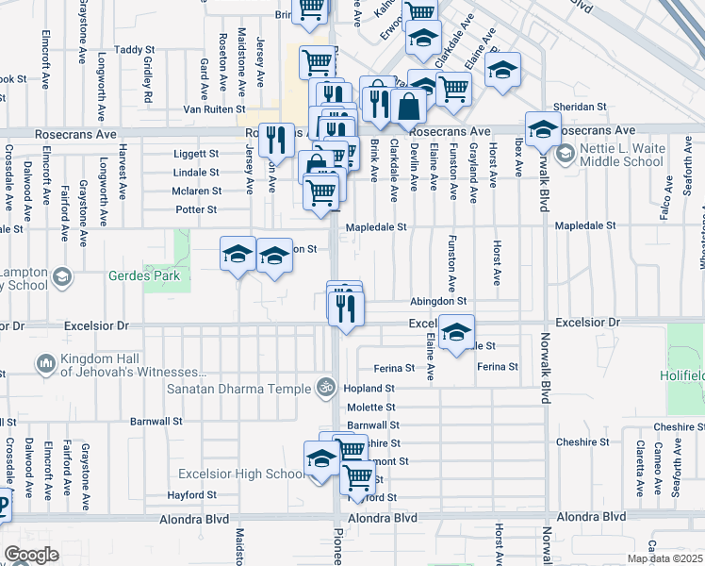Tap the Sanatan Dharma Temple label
[x=238, y=389]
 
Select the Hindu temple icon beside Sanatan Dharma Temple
[x=326, y=388]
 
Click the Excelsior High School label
[x=240, y=474]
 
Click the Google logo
[x=31, y=555]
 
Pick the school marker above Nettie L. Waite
[x=543, y=130]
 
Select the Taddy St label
[x=134, y=49]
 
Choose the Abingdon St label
[x=438, y=301]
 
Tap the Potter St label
[x=196, y=209]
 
